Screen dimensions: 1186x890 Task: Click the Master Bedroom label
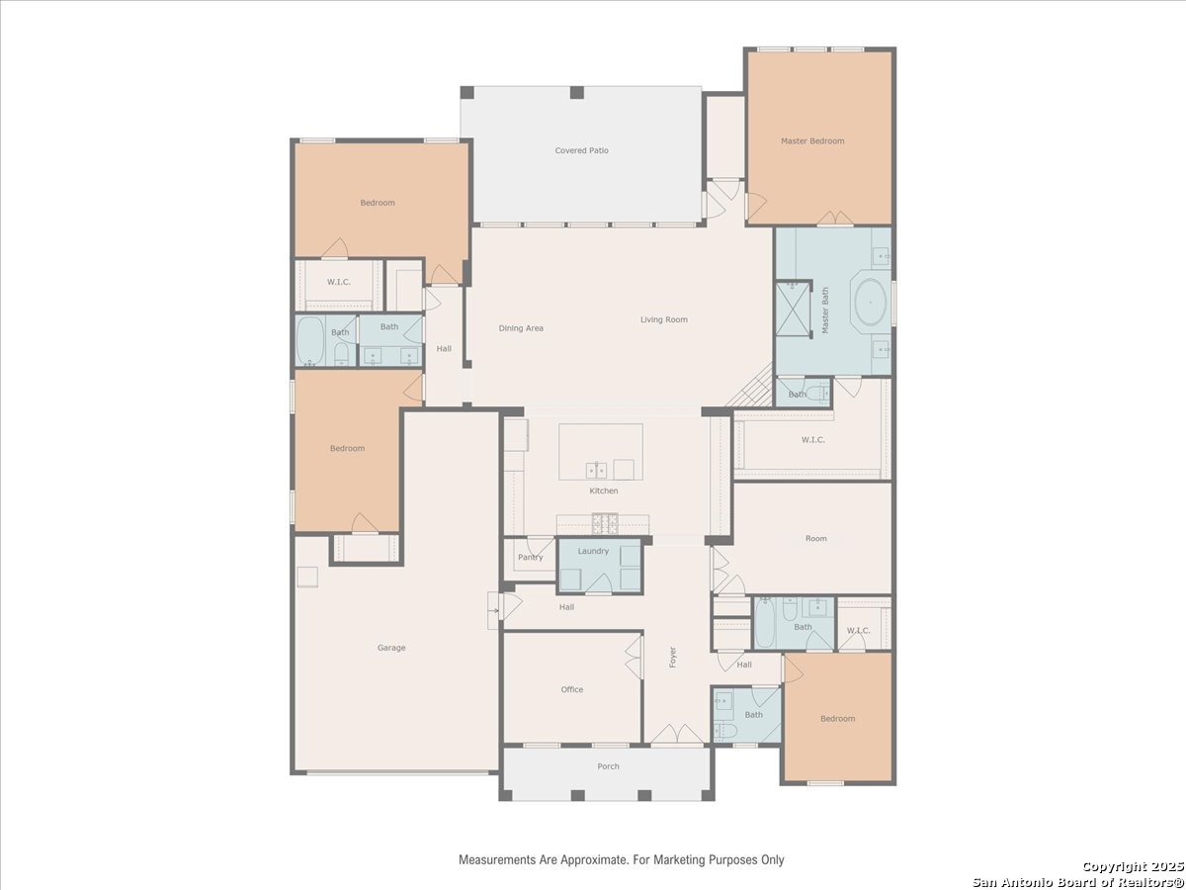(812, 141)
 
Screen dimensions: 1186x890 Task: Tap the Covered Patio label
(581, 150)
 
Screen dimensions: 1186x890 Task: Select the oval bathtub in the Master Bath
(870, 302)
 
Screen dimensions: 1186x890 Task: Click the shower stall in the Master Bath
(793, 310)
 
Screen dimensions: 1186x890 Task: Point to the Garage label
(391, 648)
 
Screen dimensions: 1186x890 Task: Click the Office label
(571, 689)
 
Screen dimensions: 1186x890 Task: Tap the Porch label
(608, 766)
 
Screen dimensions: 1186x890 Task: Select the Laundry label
(593, 551)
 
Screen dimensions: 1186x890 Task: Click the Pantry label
(530, 557)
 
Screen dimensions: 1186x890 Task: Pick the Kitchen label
(604, 490)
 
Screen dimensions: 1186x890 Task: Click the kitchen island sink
(596, 470)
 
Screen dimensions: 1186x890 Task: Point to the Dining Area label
(521, 328)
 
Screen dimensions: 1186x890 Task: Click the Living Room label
(663, 319)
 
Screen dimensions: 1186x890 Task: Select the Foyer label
(673, 657)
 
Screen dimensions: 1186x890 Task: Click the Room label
(816, 538)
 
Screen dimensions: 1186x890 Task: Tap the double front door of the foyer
(676, 735)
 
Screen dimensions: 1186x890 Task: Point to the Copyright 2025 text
(1133, 866)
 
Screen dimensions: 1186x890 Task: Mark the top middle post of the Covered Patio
(576, 92)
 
